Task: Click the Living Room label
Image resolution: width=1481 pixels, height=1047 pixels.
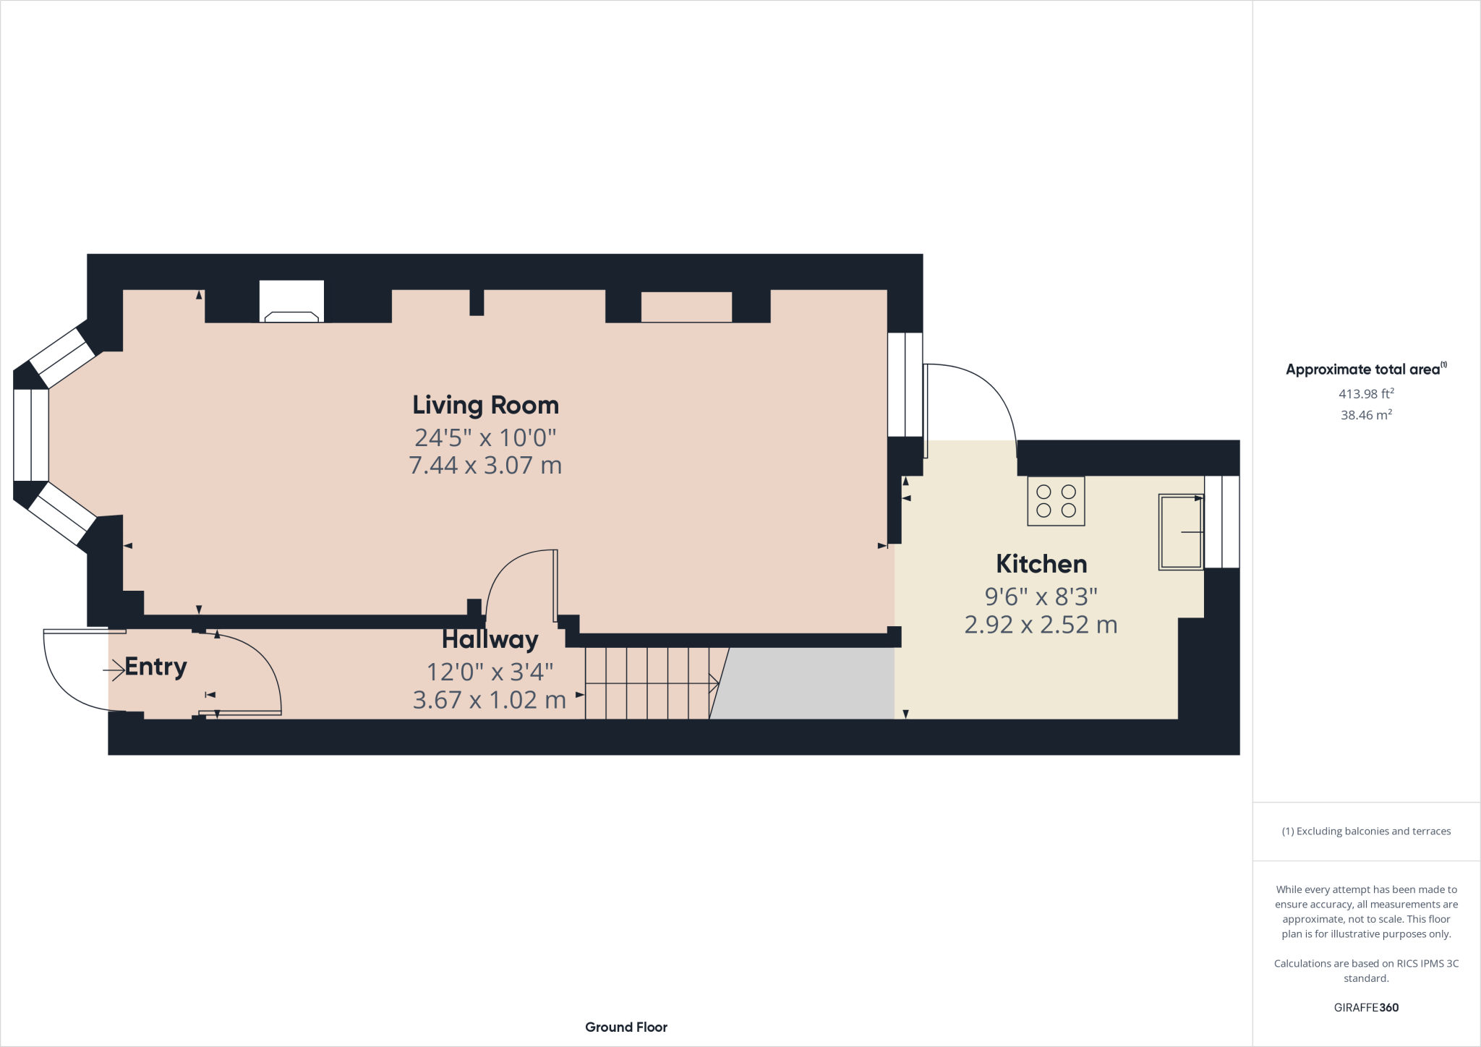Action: [485, 405]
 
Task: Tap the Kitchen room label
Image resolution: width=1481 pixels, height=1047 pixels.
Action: [1041, 564]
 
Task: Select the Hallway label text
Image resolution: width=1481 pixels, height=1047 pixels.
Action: [490, 640]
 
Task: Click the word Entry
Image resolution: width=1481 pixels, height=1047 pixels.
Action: [155, 667]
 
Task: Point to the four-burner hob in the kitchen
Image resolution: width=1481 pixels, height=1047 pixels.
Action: [1056, 500]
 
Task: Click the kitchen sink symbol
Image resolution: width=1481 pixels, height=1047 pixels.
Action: [1180, 532]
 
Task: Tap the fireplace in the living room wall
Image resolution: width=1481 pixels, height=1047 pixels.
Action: [291, 304]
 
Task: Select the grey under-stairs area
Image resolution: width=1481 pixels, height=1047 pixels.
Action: [806, 683]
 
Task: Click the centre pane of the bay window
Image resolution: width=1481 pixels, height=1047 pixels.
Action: [31, 435]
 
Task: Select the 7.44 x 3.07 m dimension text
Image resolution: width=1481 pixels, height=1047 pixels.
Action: [485, 465]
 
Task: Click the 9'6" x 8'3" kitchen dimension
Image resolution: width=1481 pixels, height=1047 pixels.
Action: [1041, 597]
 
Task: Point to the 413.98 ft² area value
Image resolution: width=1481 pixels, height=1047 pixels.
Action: [1366, 394]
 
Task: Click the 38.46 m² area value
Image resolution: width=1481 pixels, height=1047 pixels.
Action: [1366, 415]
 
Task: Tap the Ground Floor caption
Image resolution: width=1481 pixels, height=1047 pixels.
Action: [626, 1027]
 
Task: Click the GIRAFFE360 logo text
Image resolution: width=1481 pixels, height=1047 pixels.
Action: [1366, 1007]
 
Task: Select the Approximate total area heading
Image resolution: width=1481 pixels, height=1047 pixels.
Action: [1363, 369]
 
